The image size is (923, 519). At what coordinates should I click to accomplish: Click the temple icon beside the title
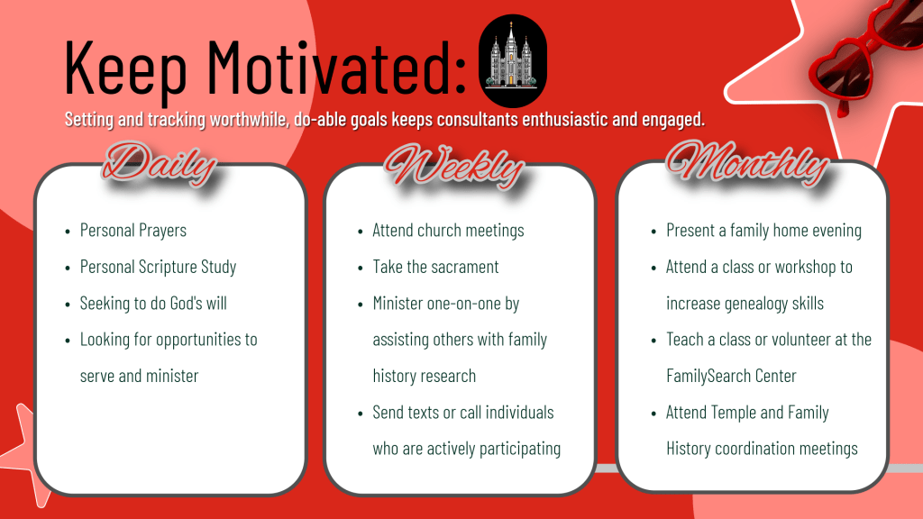(x=512, y=60)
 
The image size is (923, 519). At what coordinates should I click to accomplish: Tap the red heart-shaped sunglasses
(x=865, y=56)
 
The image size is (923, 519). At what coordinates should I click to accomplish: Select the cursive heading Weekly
(x=454, y=166)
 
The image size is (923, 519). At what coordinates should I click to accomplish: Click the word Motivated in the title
(x=337, y=67)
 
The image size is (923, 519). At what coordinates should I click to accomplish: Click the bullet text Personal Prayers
(x=133, y=230)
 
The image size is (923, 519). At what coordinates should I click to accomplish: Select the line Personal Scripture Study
(x=158, y=267)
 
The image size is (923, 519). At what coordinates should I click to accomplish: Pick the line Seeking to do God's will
(x=153, y=303)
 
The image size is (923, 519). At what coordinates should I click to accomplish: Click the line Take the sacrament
(x=435, y=267)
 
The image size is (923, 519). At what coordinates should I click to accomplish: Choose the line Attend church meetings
(x=448, y=230)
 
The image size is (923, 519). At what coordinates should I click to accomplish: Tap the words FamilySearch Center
(x=731, y=376)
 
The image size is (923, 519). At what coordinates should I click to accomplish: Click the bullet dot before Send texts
(x=361, y=414)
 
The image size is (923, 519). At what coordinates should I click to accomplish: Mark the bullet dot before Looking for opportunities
(x=68, y=341)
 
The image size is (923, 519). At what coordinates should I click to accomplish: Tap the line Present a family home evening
(x=763, y=230)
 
